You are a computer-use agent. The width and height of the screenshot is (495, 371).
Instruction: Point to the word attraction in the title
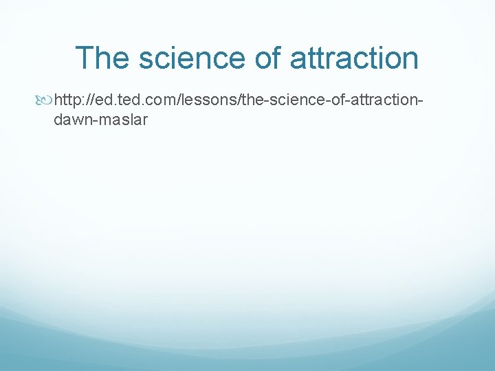[x=354, y=58]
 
